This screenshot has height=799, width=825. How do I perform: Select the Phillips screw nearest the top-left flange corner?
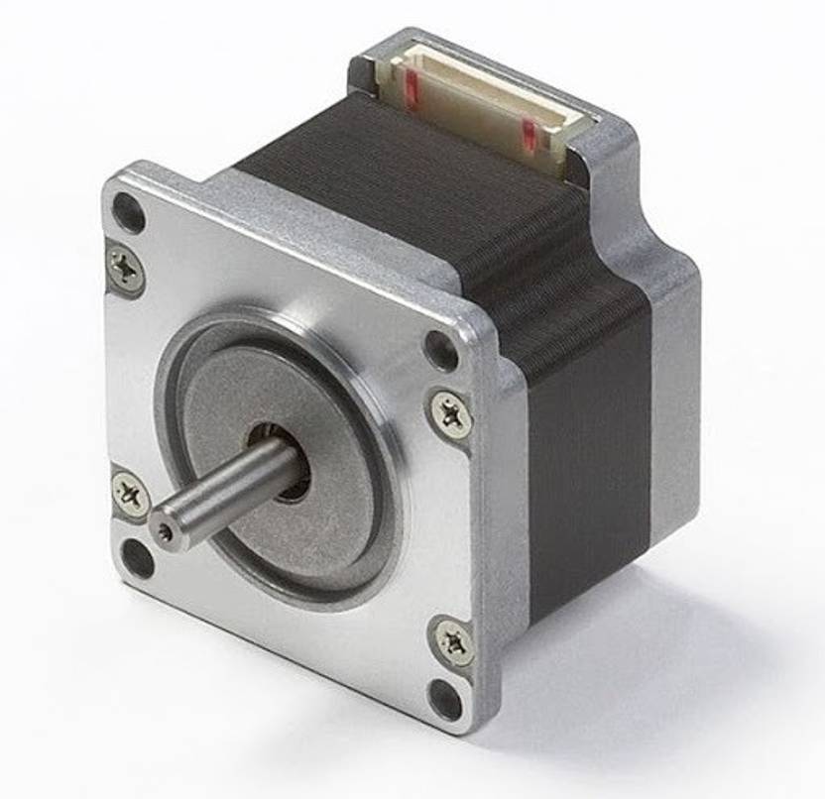(125, 267)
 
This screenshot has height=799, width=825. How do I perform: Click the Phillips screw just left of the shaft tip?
(131, 493)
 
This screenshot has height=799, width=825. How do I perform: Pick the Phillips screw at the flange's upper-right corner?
(451, 411)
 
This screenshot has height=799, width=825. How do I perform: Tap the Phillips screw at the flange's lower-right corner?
(453, 639)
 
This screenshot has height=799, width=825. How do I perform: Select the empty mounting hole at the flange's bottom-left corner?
(138, 558)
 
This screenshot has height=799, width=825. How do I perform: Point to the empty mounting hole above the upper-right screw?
(440, 350)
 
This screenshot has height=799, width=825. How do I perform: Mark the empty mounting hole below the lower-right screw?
(446, 700)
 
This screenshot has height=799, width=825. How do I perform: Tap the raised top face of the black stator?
(397, 169)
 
